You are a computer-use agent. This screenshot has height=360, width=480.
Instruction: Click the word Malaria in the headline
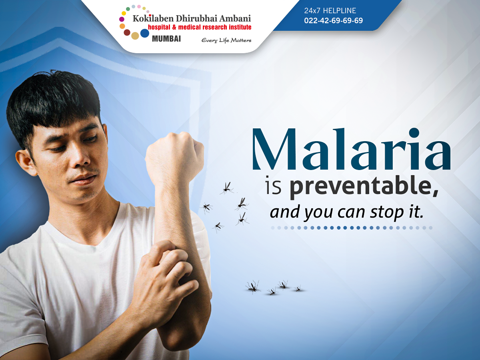coord(351,149)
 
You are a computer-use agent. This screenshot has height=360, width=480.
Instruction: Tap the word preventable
coord(364,187)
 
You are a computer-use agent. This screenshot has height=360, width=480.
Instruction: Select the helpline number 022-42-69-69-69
coord(334,20)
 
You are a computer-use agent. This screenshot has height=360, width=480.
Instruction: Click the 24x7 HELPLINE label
coord(330,10)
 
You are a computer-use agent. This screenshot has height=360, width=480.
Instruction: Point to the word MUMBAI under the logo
coord(166,39)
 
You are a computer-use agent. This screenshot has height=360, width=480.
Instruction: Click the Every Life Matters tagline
coord(226,40)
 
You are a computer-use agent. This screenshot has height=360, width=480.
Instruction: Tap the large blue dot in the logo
coord(144,33)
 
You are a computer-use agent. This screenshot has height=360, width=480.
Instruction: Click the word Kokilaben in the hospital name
coord(153,18)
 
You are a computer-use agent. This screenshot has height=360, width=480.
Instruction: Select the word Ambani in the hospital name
coord(235,18)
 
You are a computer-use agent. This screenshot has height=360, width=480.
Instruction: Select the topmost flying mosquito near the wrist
coord(227,188)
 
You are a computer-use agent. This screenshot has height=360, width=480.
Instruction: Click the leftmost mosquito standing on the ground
coord(253,286)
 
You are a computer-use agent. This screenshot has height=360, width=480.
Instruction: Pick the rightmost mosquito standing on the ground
coord(298,289)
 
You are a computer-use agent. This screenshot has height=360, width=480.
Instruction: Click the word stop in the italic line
coord(386,212)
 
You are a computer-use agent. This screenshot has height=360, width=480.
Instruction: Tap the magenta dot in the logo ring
coord(122,19)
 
